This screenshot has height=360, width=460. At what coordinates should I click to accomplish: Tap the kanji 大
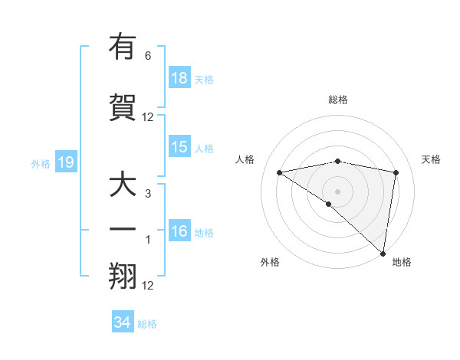click(123, 186)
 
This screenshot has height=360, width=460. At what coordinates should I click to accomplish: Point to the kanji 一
click(123, 228)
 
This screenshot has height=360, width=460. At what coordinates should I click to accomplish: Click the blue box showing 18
click(179, 78)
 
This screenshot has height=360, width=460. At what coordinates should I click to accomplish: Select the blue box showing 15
click(179, 148)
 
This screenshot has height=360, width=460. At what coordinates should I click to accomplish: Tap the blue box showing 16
click(179, 232)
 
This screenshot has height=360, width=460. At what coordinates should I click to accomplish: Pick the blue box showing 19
click(65, 162)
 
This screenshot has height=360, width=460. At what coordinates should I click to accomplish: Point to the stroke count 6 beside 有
click(148, 56)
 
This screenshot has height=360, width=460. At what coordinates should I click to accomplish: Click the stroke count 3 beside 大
click(148, 195)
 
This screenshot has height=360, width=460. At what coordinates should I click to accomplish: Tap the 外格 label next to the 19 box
click(41, 163)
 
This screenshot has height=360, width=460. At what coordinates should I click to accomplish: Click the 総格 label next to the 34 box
click(147, 324)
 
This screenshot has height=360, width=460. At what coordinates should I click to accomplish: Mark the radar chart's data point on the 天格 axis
click(396, 172)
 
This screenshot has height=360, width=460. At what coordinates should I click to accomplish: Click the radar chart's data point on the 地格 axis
click(382, 253)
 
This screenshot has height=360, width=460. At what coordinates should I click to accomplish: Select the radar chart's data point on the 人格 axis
click(279, 172)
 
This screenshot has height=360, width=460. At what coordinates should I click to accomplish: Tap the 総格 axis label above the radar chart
click(338, 100)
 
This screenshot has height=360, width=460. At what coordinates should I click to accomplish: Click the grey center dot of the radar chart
click(337, 190)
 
